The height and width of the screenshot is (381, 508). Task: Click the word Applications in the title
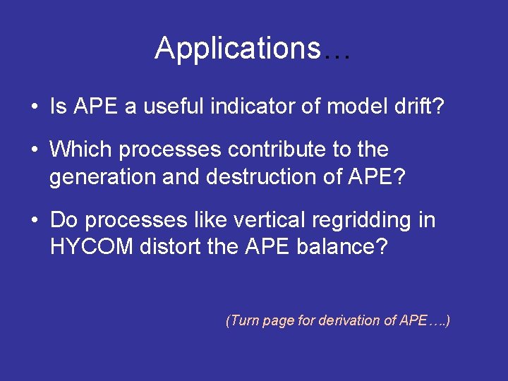pyautogui.click(x=238, y=49)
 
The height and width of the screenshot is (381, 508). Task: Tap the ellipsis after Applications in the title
pyautogui.click(x=337, y=51)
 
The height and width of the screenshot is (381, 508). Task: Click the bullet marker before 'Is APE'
pyautogui.click(x=35, y=108)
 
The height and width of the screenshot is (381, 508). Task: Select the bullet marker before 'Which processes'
pyautogui.click(x=35, y=150)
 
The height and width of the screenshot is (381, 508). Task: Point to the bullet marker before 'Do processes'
pyautogui.click(x=35, y=221)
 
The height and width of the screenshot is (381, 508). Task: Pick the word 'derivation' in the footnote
pyautogui.click(x=348, y=320)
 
